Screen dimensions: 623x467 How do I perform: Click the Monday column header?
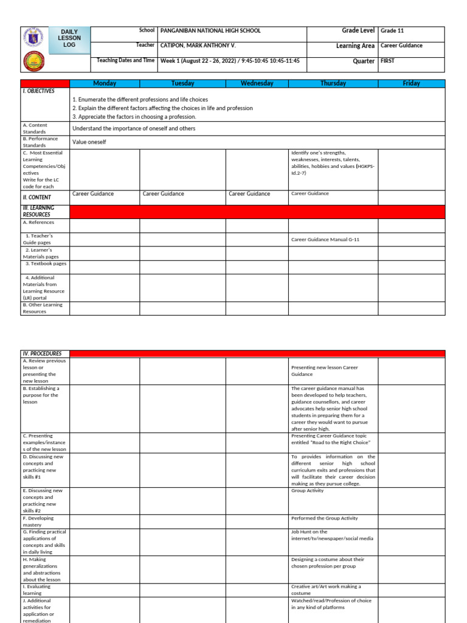105,83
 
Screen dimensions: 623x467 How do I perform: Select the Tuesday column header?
182,83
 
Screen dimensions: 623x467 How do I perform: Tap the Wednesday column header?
257,83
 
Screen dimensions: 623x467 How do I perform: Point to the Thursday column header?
333,83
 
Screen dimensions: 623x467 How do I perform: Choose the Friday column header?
411,83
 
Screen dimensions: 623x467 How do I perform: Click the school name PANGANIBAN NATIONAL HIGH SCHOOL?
210,31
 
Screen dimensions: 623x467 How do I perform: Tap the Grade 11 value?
392,31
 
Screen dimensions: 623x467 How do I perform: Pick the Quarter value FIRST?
388,61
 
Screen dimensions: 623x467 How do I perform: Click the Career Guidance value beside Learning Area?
401,46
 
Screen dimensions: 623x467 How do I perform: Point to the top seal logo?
33,37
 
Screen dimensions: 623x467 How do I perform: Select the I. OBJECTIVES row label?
39,91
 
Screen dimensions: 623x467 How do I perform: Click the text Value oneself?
89,142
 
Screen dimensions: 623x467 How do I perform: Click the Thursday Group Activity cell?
308,491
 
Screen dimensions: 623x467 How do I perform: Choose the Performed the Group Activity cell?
324,518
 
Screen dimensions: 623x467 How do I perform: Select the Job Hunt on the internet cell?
332,535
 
